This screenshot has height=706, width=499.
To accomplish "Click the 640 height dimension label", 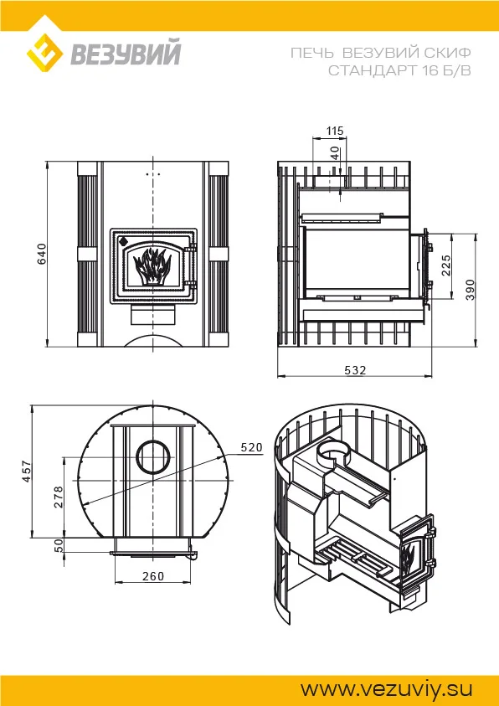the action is (x=41, y=254).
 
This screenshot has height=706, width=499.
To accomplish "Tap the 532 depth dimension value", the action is (x=355, y=370).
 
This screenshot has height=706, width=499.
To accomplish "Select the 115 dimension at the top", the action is (x=335, y=131).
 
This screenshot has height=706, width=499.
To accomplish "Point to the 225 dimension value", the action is (x=446, y=265).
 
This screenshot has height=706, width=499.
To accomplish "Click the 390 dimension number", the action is (x=471, y=291).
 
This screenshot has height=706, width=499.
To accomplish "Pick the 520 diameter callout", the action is (x=251, y=447).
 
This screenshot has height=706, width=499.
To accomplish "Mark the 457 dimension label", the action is (x=27, y=471).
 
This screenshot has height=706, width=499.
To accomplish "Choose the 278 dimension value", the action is (x=59, y=497).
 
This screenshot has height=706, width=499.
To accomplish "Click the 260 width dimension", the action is (x=153, y=576).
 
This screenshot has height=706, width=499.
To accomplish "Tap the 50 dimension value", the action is (x=59, y=546).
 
